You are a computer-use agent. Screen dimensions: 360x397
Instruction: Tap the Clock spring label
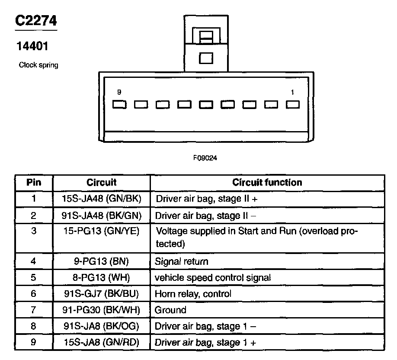38,65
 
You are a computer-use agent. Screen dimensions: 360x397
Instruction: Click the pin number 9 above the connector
119,92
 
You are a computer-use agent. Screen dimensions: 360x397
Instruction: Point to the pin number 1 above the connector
293,92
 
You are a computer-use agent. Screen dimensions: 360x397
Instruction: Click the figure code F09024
205,158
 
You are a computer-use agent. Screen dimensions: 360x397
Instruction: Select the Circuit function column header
267,182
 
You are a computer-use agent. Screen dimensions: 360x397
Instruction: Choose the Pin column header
34,182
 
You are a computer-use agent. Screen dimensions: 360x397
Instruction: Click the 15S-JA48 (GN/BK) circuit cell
102,199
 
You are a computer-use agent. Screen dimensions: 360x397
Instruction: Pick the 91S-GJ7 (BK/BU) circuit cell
102,294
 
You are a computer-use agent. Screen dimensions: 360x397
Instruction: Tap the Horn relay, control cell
193,294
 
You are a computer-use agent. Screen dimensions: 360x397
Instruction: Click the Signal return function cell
182,261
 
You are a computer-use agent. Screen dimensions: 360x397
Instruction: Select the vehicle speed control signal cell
213,277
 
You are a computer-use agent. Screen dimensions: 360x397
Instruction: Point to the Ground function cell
170,310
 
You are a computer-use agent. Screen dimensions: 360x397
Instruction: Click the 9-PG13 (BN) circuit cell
102,261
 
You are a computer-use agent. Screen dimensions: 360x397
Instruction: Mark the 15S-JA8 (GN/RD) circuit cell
102,342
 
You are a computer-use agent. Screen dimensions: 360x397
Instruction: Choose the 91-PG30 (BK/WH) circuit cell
102,310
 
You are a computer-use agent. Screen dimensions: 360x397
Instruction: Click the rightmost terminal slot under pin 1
293,104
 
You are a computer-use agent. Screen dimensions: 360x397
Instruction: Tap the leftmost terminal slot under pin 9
119,104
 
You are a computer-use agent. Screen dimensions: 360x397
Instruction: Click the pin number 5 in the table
34,277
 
